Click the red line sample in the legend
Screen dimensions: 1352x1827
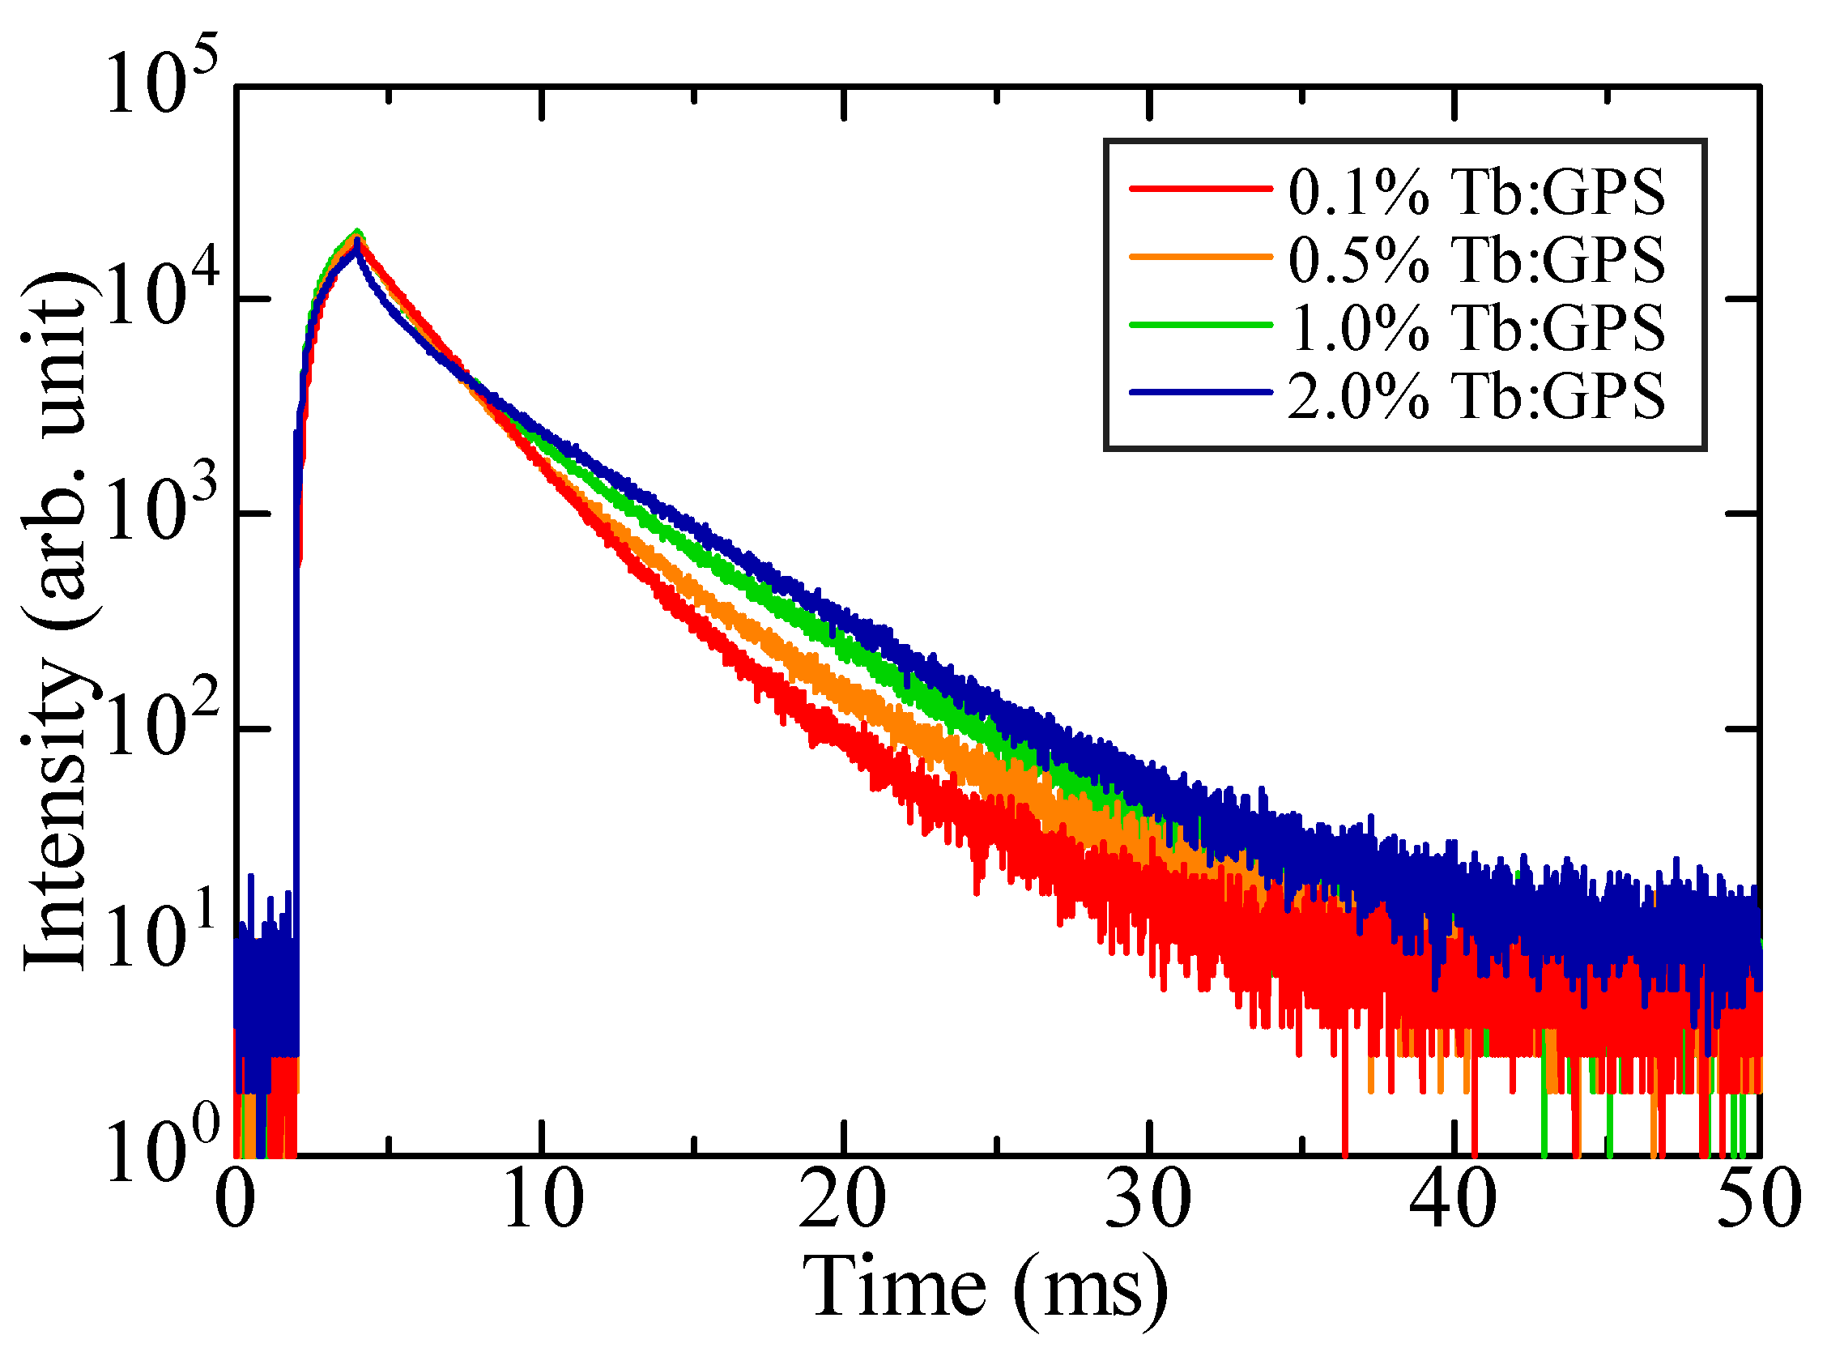click(1200, 189)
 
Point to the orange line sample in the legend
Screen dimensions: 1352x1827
click(1200, 257)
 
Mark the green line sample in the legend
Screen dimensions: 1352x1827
click(1200, 325)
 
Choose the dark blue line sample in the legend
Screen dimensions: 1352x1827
click(1200, 393)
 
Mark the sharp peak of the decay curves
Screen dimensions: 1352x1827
click(356, 236)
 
